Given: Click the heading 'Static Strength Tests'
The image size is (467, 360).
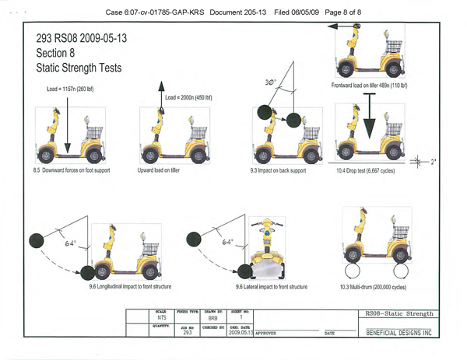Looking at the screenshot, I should point(78,68).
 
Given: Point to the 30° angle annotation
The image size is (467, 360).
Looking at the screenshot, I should point(271,82).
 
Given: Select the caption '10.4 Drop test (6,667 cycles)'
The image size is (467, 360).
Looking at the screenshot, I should point(371,169).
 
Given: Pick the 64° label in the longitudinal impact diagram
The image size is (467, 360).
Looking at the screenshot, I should point(69,243).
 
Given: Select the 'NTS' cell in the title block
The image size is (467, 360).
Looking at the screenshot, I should point(162,318).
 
